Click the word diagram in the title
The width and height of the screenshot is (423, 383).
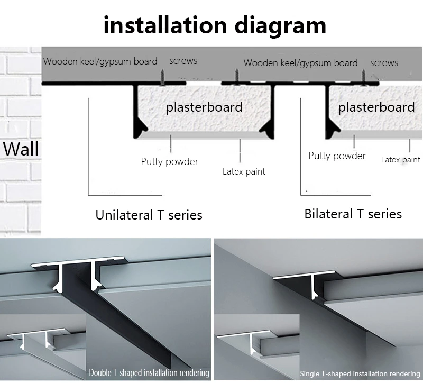click(277, 25)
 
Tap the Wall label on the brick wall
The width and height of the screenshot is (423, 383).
click(21, 149)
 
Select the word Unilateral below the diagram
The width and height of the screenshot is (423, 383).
click(123, 215)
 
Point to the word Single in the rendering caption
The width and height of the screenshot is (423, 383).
click(310, 373)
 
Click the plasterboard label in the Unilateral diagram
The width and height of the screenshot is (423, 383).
click(204, 107)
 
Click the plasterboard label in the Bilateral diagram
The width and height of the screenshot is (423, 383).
click(376, 107)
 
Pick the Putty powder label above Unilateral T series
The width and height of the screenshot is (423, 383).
click(169, 162)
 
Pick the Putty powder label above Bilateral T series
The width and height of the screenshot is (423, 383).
click(337, 156)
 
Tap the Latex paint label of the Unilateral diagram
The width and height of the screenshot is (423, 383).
click(244, 171)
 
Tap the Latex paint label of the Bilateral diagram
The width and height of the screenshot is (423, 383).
click(400, 160)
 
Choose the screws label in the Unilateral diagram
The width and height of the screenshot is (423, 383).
click(183, 61)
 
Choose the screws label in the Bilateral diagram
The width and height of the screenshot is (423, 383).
click(384, 63)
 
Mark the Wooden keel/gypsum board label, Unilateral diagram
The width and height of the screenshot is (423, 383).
click(100, 61)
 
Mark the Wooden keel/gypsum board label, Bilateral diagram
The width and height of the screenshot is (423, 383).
click(300, 63)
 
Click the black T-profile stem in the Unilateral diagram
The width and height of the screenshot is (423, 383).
click(136, 108)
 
